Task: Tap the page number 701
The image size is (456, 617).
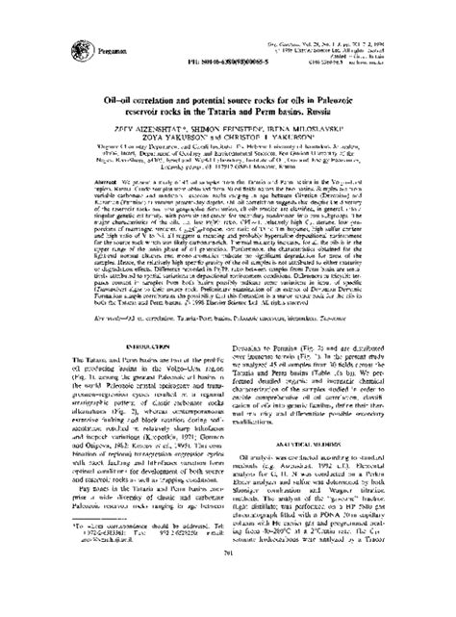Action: (228, 590)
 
